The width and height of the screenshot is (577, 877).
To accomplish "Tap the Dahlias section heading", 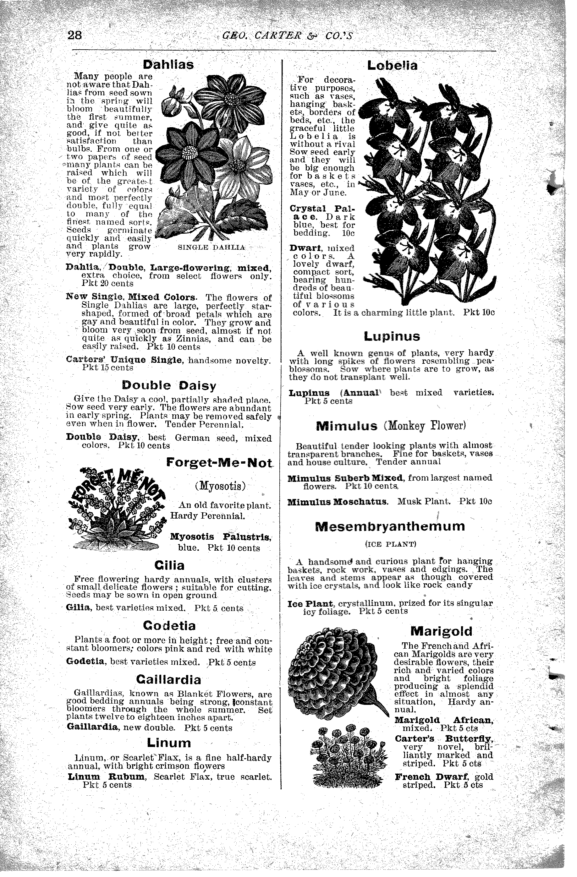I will pyautogui.click(x=168, y=64).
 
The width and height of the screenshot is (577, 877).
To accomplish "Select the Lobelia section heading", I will pyautogui.click(x=392, y=66).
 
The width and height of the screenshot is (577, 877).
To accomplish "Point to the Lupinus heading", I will pyautogui.click(x=392, y=336).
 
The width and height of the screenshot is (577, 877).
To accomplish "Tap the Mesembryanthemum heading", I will pyautogui.click(x=390, y=526).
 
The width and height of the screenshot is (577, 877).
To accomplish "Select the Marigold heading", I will pyautogui.click(x=441, y=631).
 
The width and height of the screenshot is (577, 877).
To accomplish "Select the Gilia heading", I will pyautogui.click(x=169, y=565).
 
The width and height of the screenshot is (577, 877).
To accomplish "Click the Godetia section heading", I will pyautogui.click(x=169, y=626).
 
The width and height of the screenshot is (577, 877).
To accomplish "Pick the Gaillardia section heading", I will pyautogui.click(x=169, y=679).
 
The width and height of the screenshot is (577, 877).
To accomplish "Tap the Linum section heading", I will pyautogui.click(x=169, y=742).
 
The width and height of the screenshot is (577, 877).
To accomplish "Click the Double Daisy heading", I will pyautogui.click(x=169, y=385).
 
